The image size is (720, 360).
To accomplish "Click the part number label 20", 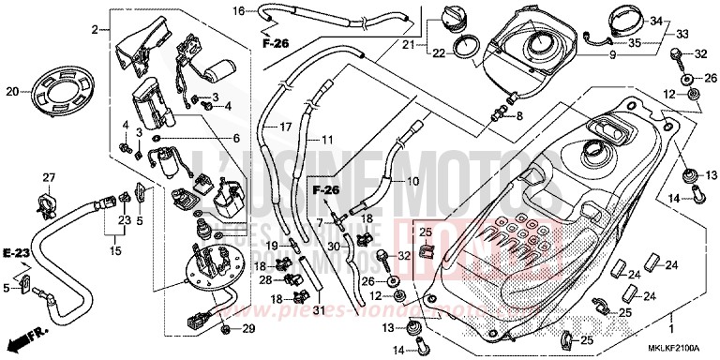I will [x=12, y=91].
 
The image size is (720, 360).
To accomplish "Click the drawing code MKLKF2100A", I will [x=677, y=349].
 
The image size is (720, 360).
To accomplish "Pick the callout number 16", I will [x=238, y=10].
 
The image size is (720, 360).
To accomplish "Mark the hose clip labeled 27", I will [x=48, y=198].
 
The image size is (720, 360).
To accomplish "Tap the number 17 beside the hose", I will [x=287, y=127].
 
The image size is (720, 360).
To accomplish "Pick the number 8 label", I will [x=518, y=116].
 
